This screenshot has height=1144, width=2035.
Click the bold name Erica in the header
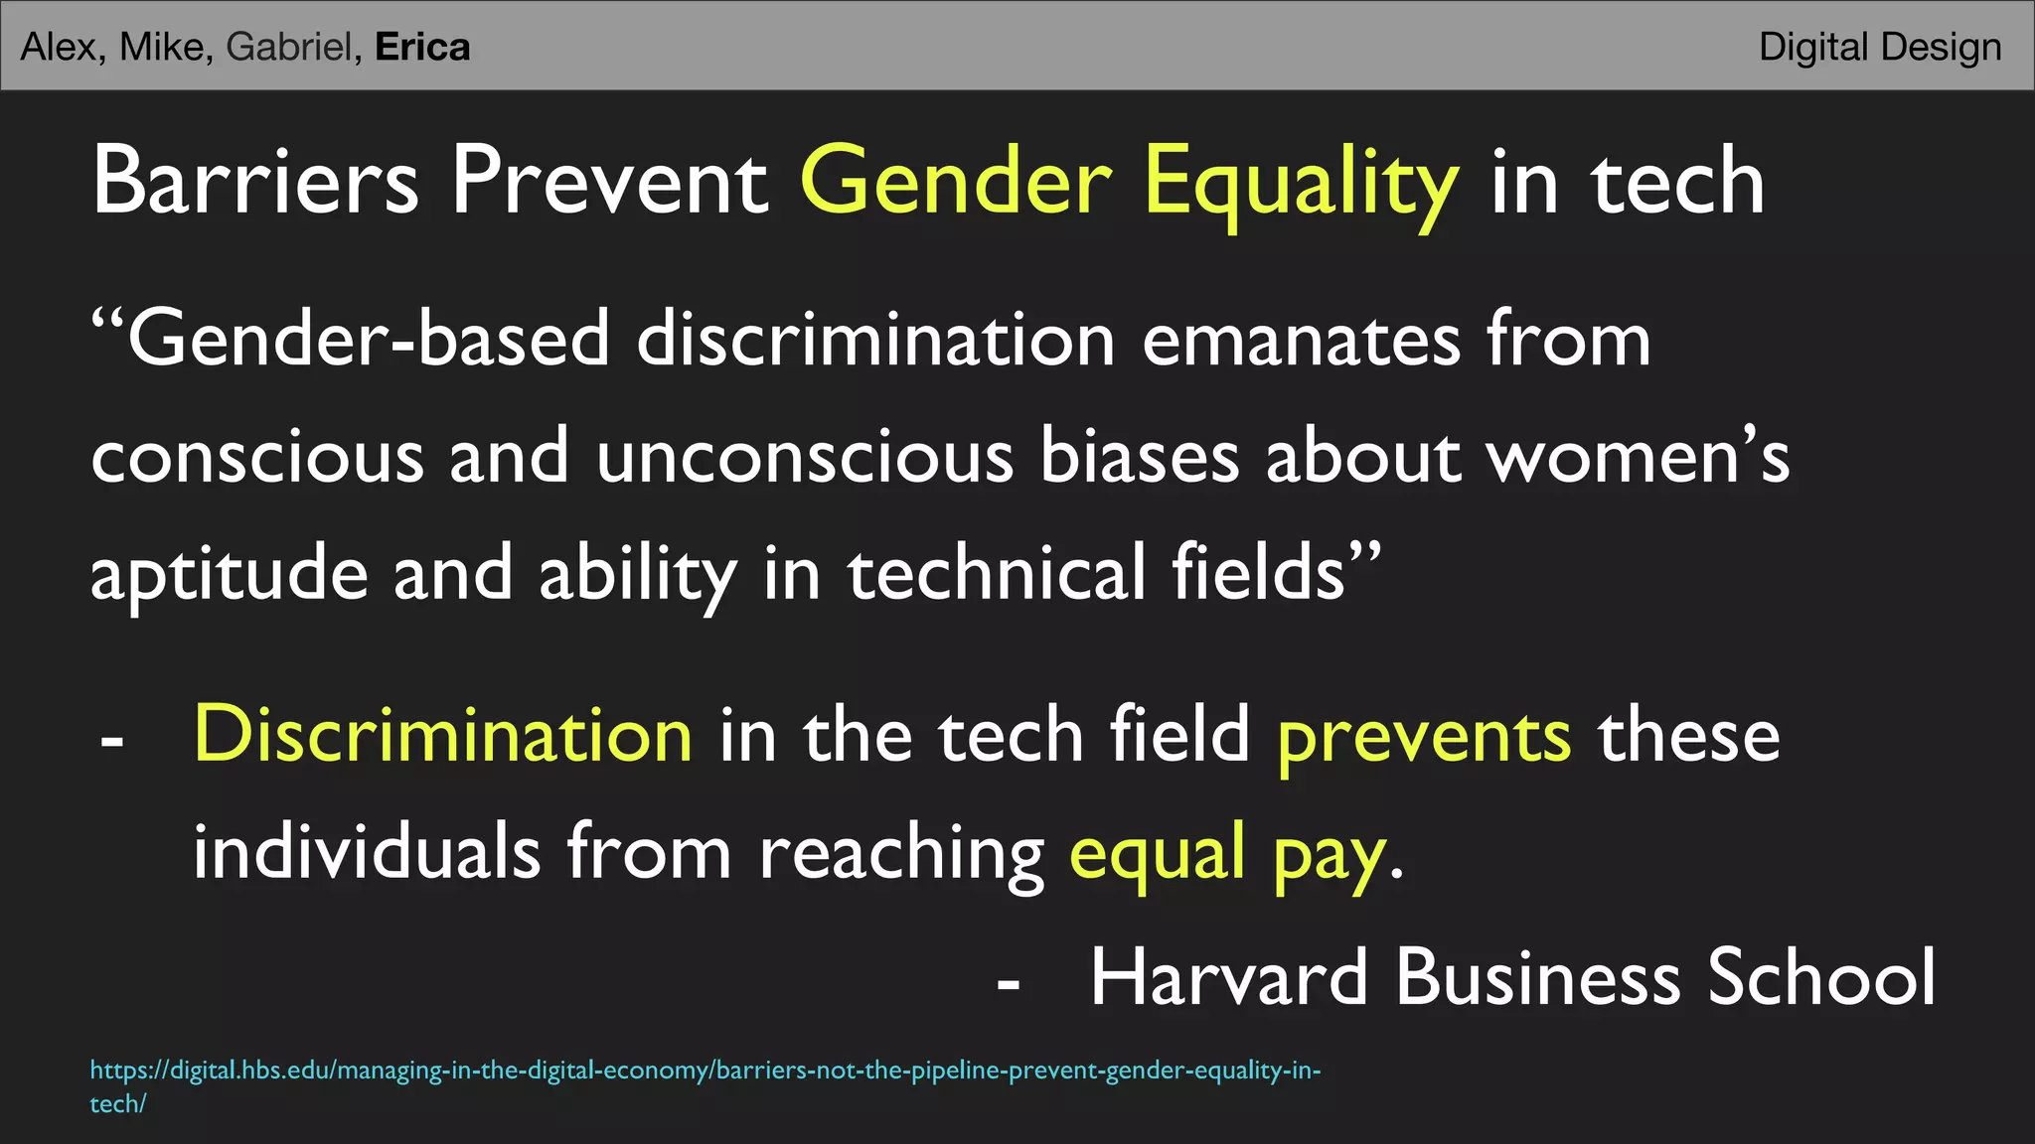coord(422,48)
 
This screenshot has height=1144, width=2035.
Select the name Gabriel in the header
coord(289,48)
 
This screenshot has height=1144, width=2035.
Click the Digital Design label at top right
coord(1880,48)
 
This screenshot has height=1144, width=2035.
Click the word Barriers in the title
coord(255,181)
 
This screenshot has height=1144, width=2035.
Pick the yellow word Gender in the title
coord(956,181)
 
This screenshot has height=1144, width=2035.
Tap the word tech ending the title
coord(1679,181)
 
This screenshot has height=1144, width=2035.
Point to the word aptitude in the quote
coord(229,575)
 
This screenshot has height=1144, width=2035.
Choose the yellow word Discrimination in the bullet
coord(443,735)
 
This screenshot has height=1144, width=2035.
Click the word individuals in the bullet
coord(367,852)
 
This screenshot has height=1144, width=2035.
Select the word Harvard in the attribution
coord(1230,977)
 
